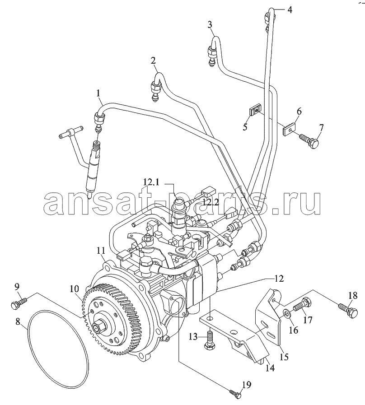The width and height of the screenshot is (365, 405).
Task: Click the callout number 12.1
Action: (x=152, y=182)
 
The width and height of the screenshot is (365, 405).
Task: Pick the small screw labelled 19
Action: (x=235, y=394)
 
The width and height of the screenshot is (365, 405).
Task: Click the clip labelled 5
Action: (x=255, y=109)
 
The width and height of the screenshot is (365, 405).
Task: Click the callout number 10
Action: (x=75, y=287)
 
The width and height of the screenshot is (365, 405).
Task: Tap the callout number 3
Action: (x=210, y=24)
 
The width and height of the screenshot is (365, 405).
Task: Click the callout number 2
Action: (x=154, y=60)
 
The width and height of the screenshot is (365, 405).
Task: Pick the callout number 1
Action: (x=97, y=93)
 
